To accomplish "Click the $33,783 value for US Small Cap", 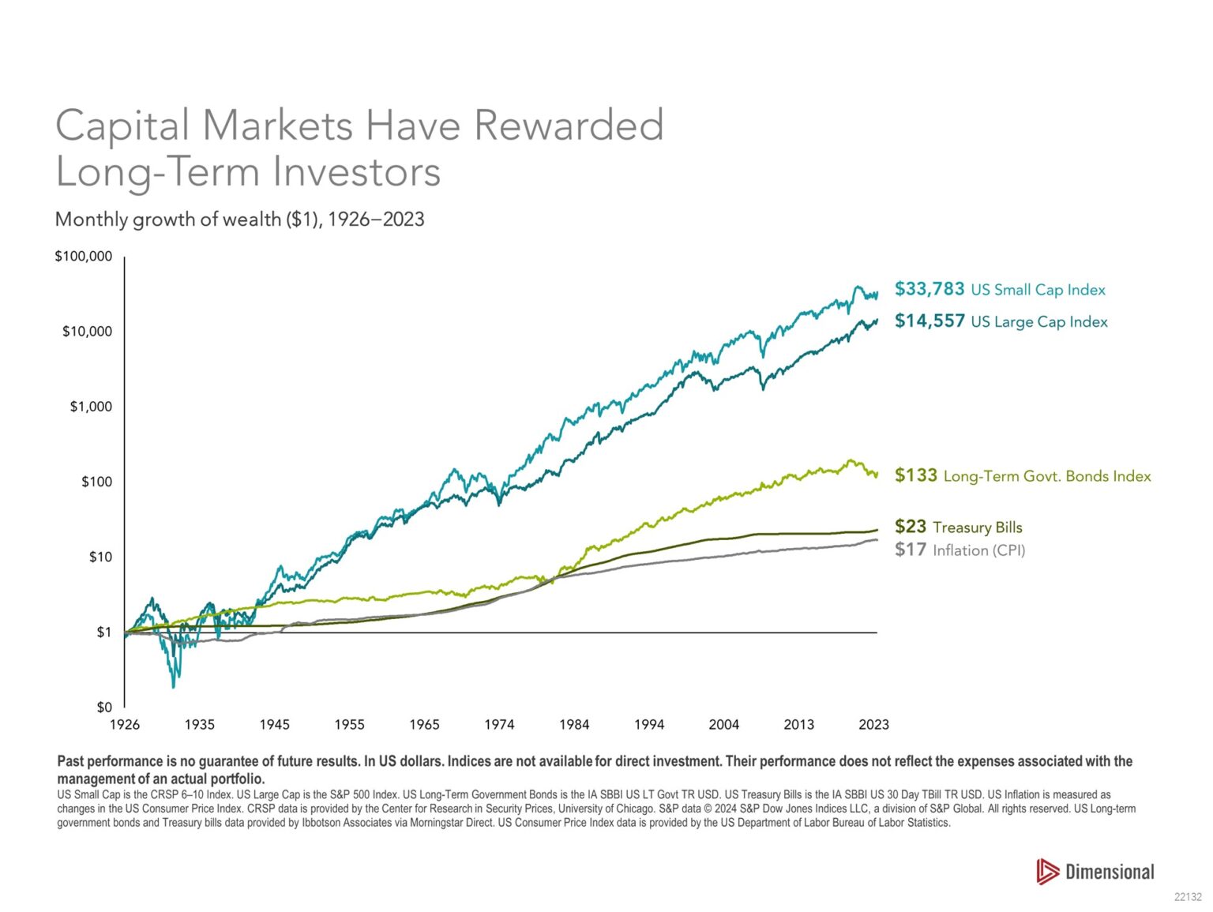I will (929, 289).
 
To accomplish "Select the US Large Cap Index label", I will (1038, 321).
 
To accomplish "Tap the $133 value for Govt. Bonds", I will (915, 475).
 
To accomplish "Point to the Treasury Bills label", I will (977, 527).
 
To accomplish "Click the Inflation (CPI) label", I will (978, 550).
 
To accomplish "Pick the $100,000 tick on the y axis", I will (83, 257).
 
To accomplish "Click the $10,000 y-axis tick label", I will (87, 332).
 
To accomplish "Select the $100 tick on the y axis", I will (96, 482).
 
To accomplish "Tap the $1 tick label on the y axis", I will (104, 632).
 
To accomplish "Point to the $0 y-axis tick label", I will (104, 707).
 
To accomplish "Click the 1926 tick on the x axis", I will (124, 725).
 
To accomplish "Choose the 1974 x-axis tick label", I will (499, 725).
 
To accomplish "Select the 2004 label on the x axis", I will (723, 725).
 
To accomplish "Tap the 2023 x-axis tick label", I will (873, 725).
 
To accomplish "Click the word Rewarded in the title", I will (569, 126).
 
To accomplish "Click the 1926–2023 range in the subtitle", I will (376, 219).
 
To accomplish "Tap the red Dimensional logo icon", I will (1047, 871).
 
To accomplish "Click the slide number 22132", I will (1187, 897).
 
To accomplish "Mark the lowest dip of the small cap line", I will (173, 686).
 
